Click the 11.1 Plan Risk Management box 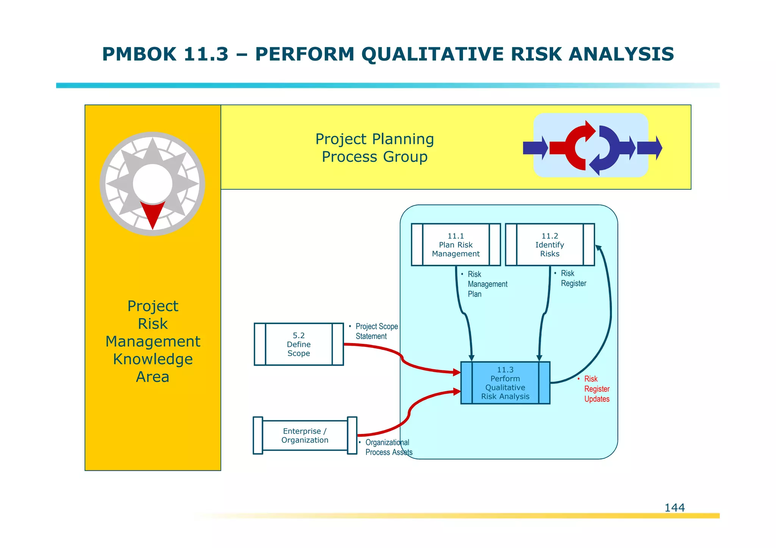click(x=456, y=245)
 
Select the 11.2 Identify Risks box click(x=549, y=245)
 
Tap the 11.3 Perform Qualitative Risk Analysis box click(x=505, y=383)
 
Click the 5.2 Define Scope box click(x=299, y=344)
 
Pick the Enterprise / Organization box click(x=305, y=436)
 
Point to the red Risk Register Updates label click(x=596, y=389)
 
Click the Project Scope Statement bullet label click(x=376, y=331)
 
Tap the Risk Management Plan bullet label click(x=487, y=284)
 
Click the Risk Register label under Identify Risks click(x=573, y=278)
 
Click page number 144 click(x=674, y=507)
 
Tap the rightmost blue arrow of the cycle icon click(x=649, y=148)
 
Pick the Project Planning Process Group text click(x=374, y=148)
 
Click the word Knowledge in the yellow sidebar click(x=153, y=359)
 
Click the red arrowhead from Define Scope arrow click(x=457, y=372)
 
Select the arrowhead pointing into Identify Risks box click(x=598, y=248)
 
